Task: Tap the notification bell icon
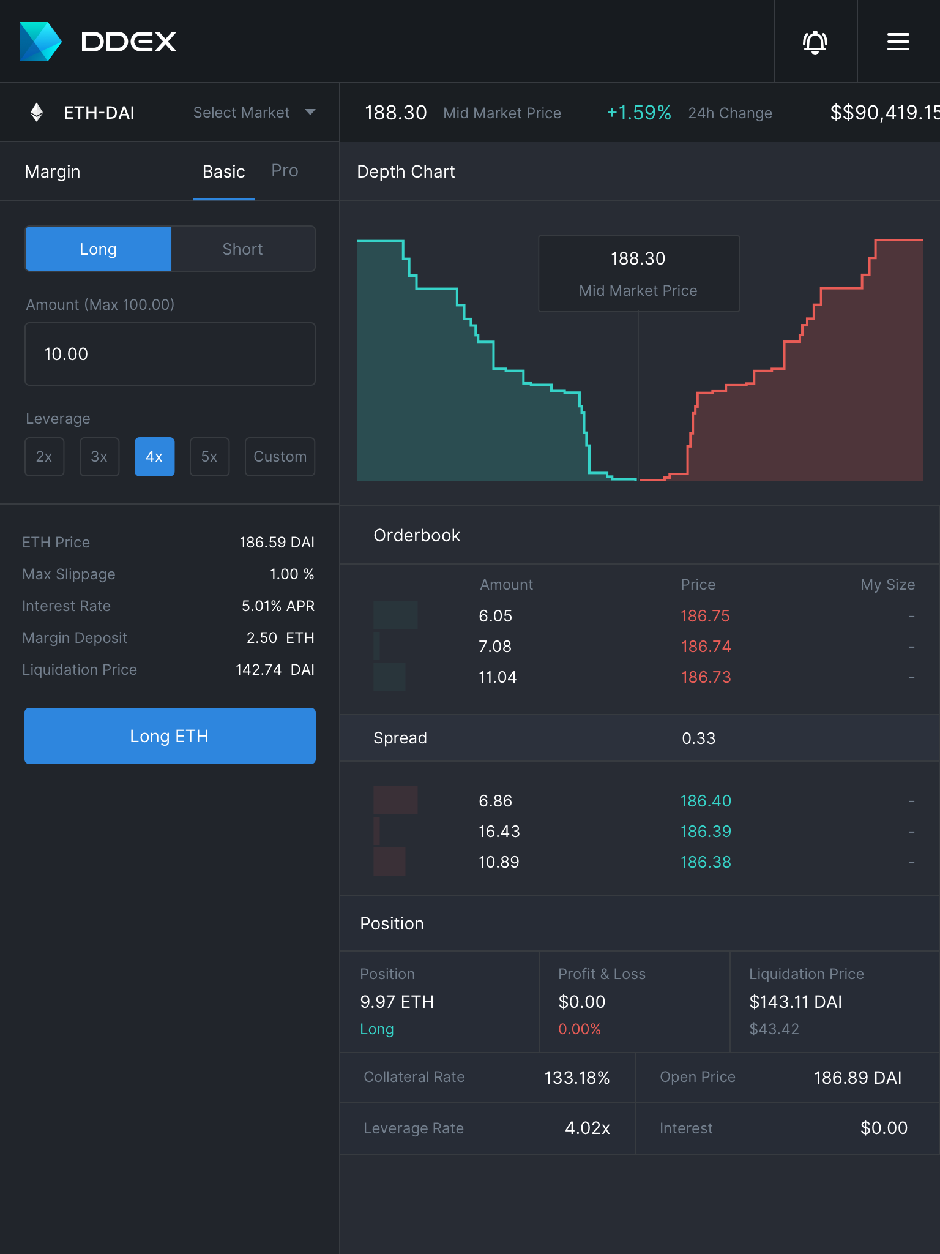815,42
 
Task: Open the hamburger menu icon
898,42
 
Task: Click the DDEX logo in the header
99,42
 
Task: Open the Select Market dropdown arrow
310,112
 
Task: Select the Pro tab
285,171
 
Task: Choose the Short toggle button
243,249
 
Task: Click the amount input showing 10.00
170,354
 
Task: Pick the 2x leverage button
44,457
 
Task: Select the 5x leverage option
209,457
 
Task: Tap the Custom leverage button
280,457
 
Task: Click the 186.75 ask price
705,616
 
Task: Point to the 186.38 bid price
706,862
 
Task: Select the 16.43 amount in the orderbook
499,832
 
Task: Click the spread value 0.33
698,738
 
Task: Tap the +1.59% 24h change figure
638,113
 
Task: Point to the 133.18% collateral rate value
576,1078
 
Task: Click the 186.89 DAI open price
857,1078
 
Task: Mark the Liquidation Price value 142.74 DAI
275,670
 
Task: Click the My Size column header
887,585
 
